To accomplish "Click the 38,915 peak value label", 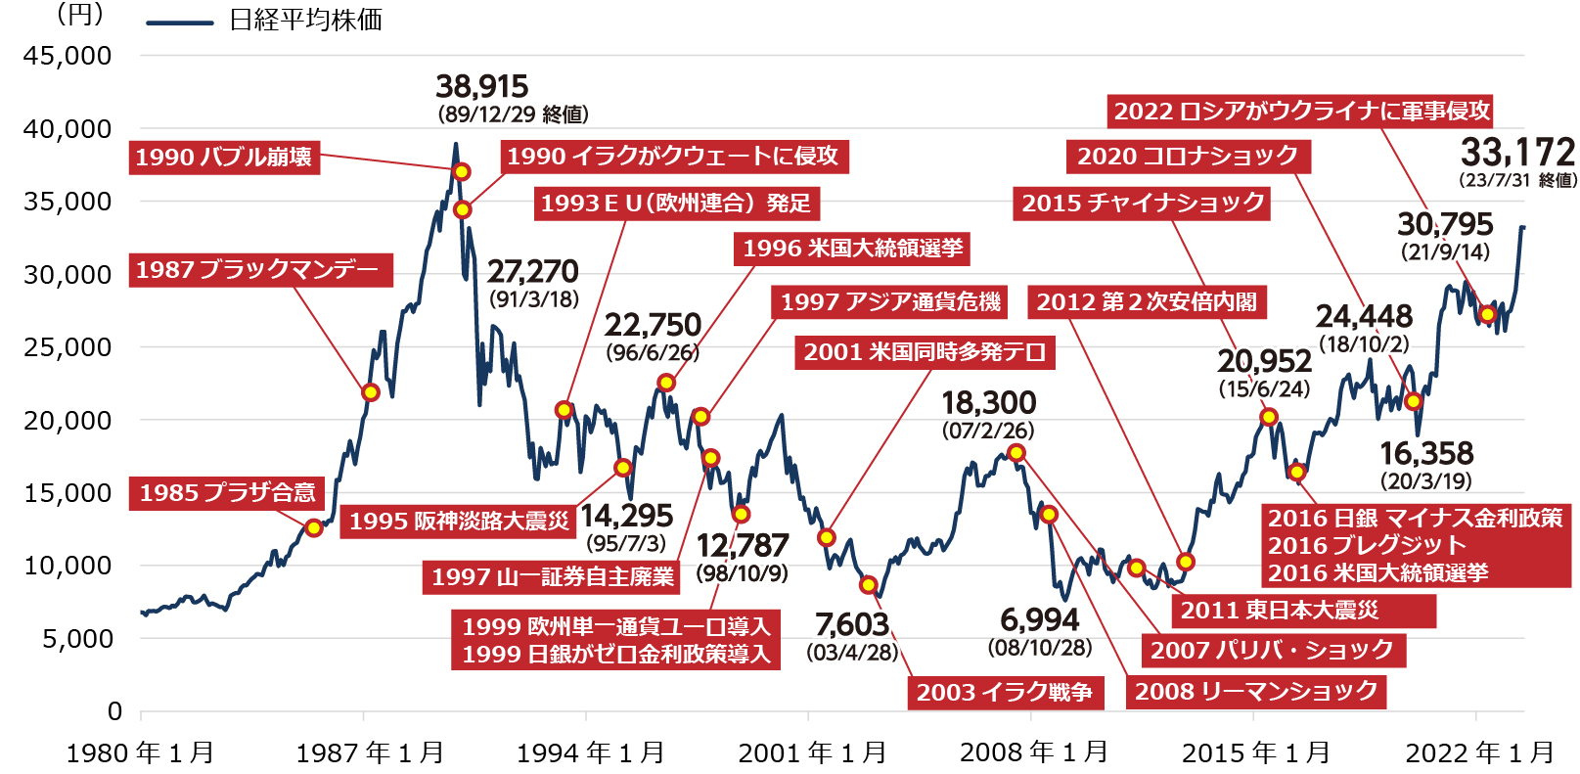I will point(481,86).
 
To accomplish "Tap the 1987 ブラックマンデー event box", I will point(259,270).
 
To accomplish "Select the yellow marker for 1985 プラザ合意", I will point(313,528).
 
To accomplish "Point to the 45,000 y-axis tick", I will point(68,56).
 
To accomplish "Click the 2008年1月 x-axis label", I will point(1033,752).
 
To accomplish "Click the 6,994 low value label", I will point(1039,619).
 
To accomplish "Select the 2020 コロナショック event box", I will point(1188,157).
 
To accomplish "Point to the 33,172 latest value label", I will point(1517,152).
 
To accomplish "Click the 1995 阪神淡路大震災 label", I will point(458,522).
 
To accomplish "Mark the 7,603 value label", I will point(852,624).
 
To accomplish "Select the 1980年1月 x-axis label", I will point(140,752).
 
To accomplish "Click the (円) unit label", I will point(80,14).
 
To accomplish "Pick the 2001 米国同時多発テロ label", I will point(925,352).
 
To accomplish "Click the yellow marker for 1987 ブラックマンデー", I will point(371,392).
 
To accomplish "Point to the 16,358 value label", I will point(1426,453).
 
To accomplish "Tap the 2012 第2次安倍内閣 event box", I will point(1147,302).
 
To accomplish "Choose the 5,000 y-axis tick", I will point(77,639).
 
